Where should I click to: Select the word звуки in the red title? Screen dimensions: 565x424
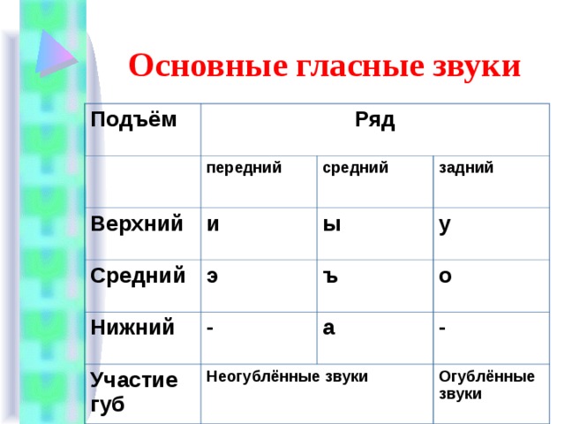[477, 67]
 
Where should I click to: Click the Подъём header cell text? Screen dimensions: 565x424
[133, 119]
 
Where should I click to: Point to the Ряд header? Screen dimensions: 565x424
[374, 120]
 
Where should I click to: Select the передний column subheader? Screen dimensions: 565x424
[244, 169]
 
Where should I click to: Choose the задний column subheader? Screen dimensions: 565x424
[466, 169]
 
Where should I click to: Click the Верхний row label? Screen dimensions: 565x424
[137, 223]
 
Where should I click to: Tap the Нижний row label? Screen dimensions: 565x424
[132, 328]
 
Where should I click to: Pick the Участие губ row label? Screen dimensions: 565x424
[134, 391]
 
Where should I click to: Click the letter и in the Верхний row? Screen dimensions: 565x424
[213, 225]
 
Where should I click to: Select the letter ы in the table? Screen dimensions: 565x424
[332, 225]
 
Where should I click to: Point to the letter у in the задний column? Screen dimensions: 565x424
[445, 227]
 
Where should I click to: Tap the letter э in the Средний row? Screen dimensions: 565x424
[212, 276]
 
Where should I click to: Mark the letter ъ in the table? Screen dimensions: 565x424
[330, 276]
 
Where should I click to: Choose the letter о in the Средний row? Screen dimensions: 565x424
[445, 276]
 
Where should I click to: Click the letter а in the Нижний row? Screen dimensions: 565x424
[328, 329]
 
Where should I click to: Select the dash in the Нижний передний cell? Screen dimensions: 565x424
[210, 329]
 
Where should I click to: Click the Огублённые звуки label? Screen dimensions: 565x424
[486, 385]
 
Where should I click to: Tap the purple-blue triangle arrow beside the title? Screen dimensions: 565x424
[56, 53]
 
